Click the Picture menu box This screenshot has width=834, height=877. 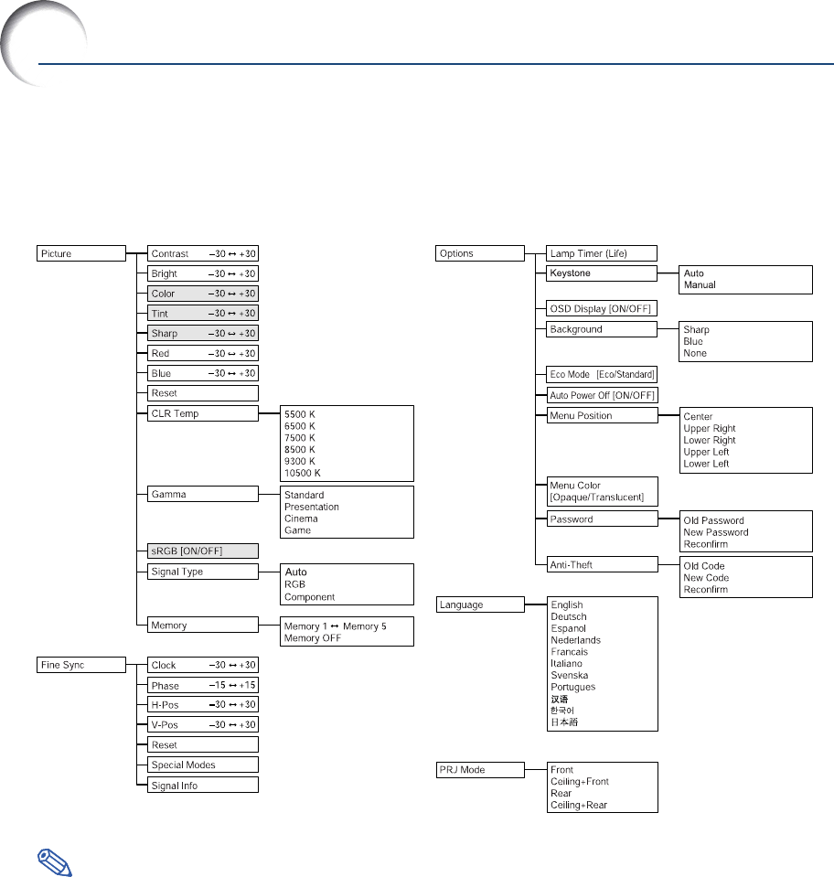pyautogui.click(x=81, y=253)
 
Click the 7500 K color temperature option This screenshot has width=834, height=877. pyautogui.click(x=301, y=437)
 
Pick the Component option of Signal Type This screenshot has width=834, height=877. pyautogui.click(x=310, y=597)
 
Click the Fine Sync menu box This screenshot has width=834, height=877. pyautogui.click(x=81, y=665)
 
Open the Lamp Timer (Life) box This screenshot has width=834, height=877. pyautogui.click(x=602, y=253)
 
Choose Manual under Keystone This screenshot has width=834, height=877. pyautogui.click(x=700, y=285)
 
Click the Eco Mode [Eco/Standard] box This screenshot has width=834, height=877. pyautogui.click(x=602, y=375)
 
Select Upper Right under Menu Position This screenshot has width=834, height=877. pyautogui.click(x=710, y=429)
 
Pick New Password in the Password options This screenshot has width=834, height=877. pyautogui.click(x=716, y=532)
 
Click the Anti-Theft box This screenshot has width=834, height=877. pyautogui.click(x=602, y=565)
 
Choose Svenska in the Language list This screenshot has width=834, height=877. pyautogui.click(x=570, y=676)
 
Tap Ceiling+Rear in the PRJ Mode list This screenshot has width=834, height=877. pyautogui.click(x=579, y=806)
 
